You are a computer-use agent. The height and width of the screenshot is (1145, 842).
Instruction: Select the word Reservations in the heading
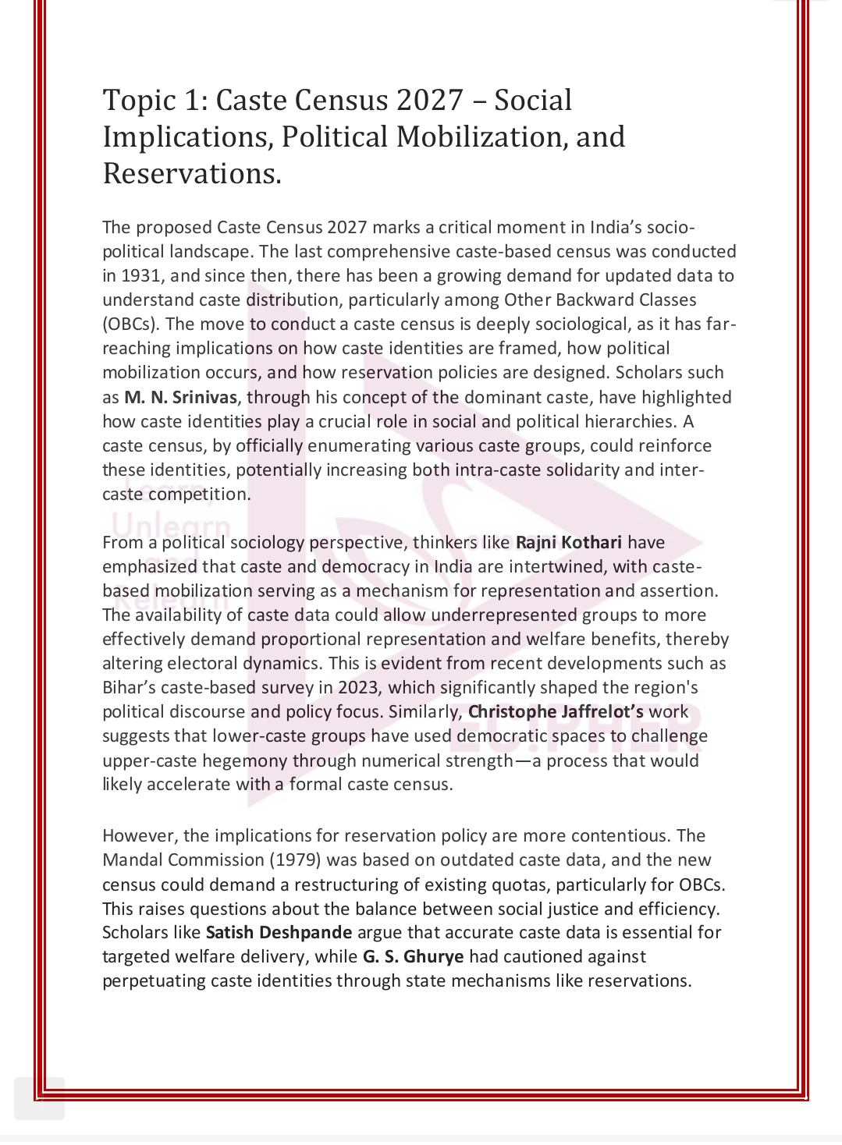[x=191, y=172]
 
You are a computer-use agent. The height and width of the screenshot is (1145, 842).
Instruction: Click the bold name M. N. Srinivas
[x=180, y=397]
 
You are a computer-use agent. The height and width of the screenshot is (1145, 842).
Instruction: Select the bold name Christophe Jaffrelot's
[x=556, y=711]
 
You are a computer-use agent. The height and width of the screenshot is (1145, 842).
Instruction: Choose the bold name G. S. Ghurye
[x=413, y=956]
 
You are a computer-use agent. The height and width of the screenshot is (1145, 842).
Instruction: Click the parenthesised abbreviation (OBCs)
[x=130, y=324]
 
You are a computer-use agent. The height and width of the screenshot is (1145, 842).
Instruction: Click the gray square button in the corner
[x=39, y=1098]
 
